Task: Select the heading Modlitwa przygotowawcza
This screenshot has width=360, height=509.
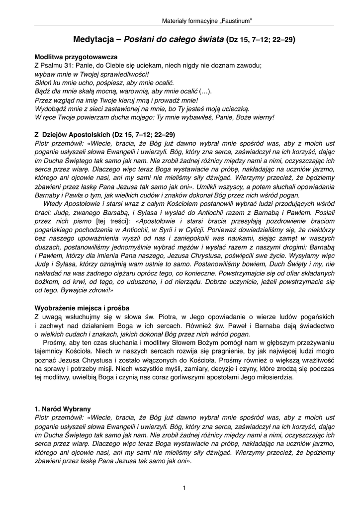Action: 76,57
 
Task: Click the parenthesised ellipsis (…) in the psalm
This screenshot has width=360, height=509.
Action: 205,91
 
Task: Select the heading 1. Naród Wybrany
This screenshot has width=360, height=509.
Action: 62,409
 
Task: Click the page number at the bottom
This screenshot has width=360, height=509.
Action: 184,488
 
